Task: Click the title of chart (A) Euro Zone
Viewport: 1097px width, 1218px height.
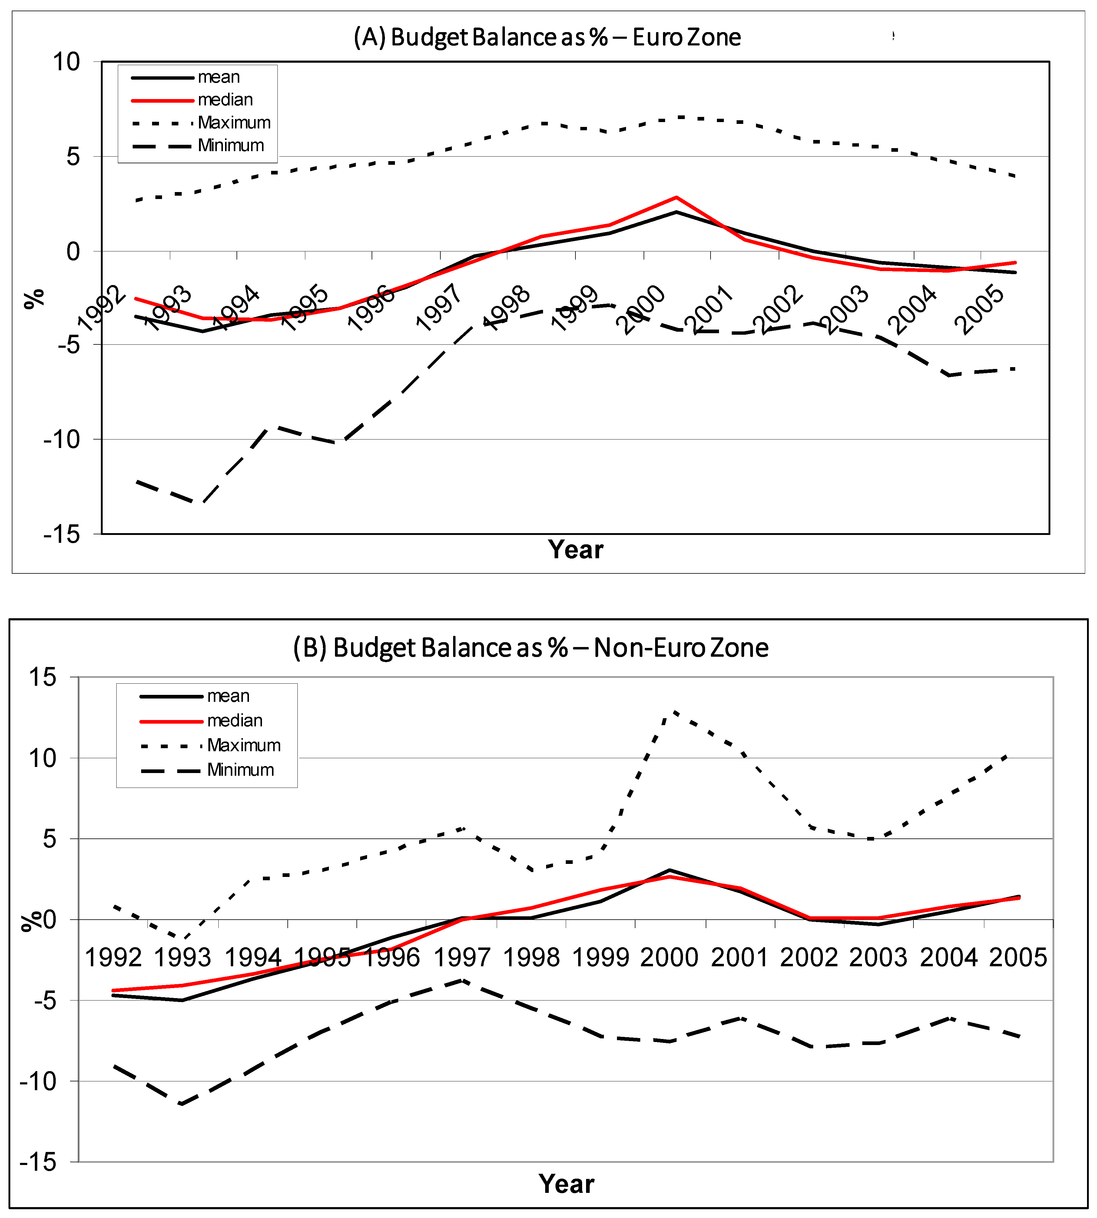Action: tap(547, 37)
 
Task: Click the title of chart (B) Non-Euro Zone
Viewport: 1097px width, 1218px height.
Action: tap(530, 648)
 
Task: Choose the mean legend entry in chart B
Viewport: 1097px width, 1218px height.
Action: tap(228, 696)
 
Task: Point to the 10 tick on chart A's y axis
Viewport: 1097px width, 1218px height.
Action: tap(66, 61)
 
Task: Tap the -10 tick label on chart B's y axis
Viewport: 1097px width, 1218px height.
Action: tap(37, 1081)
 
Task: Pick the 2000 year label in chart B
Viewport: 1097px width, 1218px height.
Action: tap(669, 957)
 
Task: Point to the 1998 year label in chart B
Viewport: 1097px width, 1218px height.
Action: tap(531, 957)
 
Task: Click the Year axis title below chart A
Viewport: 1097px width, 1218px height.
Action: tap(576, 550)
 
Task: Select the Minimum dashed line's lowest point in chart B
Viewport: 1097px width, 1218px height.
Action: tap(181, 1104)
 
